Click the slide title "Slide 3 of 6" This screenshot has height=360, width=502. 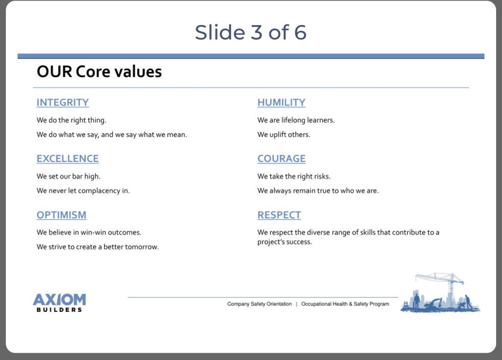coord(251,32)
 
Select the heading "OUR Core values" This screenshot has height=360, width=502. coord(99,72)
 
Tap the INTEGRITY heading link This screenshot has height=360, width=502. coord(63,103)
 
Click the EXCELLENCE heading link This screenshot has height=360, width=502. coord(68,159)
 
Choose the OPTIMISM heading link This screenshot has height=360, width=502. coord(61,215)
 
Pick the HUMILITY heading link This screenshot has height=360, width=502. coord(281,103)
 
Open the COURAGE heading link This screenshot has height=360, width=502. coord(281,159)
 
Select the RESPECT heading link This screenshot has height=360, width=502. coord(279,215)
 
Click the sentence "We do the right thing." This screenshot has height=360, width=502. coord(72,120)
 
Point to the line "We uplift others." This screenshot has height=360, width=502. coord(284,134)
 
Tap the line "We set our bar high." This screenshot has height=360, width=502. coord(69,177)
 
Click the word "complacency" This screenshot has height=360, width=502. coord(99,191)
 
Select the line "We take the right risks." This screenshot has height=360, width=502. coord(294,177)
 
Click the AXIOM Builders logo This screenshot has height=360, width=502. coord(59,303)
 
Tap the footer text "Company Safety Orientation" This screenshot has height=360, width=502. coord(260,304)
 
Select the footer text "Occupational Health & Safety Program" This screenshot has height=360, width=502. coord(345,304)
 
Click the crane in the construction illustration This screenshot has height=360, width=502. coord(448,285)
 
